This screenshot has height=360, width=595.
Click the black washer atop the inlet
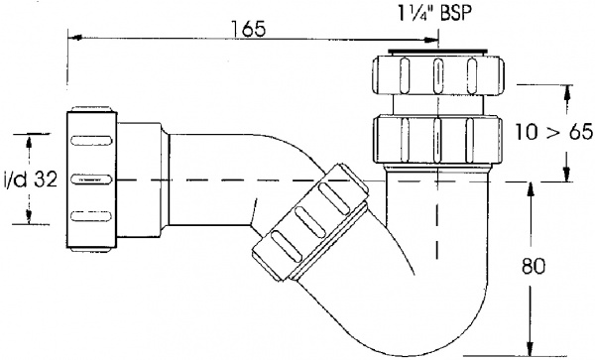point(437,50)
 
